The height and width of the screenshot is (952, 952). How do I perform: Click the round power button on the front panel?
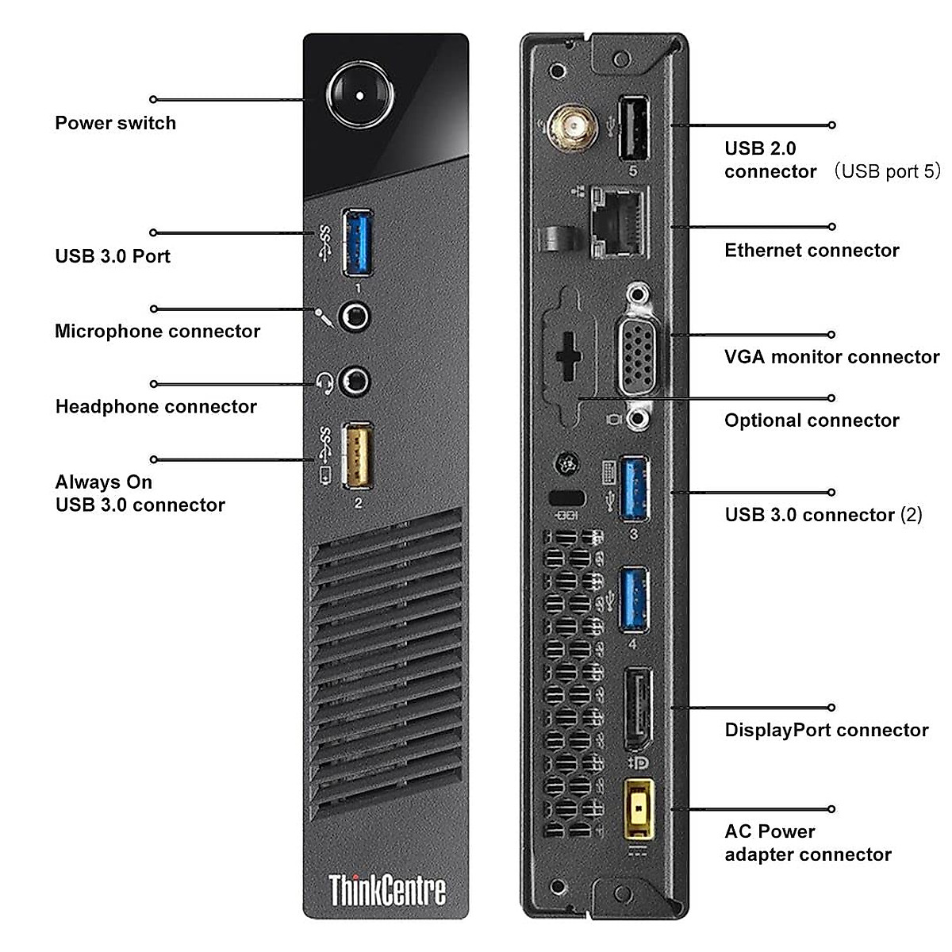(360, 95)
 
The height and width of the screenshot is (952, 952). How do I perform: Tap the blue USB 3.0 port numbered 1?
(358, 242)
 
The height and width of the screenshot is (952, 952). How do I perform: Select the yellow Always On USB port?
(357, 456)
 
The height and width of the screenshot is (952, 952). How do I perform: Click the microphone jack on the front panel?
(355, 317)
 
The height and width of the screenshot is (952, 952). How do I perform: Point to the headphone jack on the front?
(354, 383)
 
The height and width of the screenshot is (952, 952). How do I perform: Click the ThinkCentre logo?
(387, 890)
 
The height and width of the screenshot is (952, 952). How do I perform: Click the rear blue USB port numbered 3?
(633, 488)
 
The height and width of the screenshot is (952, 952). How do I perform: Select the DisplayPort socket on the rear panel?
(638, 708)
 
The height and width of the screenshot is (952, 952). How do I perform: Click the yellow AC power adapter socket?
(639, 809)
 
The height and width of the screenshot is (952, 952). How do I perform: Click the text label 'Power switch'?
(115, 123)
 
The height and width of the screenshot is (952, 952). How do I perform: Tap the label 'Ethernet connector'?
(812, 251)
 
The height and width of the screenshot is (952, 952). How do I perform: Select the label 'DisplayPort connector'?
(826, 730)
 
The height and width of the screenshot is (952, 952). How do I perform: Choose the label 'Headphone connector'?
(155, 407)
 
